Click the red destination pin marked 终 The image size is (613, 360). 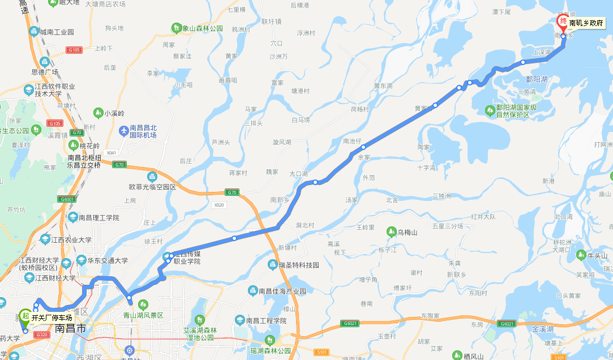click(563, 22)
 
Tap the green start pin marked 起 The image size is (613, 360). click(25, 316)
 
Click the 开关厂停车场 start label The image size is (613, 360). click(52, 318)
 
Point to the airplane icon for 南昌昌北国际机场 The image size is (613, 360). click(123, 131)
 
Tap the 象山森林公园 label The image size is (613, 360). click(203, 28)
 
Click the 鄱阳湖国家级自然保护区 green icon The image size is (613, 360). click(490, 109)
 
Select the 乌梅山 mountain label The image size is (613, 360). click(407, 232)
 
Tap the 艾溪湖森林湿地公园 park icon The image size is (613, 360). click(199, 320)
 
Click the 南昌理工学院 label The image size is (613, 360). click(99, 217)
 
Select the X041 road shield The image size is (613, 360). click(111, 153)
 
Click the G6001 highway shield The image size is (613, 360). click(66, 199)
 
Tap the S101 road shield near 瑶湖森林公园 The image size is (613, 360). click(322, 353)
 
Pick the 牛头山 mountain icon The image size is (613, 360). click(580, 255)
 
